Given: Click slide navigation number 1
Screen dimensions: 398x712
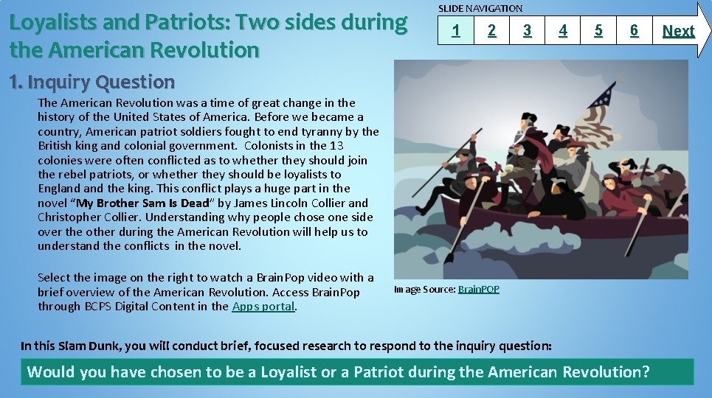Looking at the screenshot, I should (456, 30).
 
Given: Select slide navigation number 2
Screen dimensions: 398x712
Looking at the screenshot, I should (491, 30).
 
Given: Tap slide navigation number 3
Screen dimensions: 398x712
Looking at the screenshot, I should (527, 30).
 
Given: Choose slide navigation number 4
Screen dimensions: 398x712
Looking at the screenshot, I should (563, 30).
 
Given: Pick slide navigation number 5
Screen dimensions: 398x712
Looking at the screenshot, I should (598, 30).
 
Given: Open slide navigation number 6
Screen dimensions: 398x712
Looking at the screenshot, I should (634, 30).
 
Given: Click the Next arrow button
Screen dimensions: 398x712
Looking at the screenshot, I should (679, 31).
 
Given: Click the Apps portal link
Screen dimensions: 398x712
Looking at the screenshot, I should (263, 307).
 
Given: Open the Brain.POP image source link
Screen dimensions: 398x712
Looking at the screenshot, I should (478, 290).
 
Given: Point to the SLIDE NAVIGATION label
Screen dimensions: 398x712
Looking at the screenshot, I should (480, 8).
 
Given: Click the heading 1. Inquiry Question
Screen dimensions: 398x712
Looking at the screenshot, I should (92, 82).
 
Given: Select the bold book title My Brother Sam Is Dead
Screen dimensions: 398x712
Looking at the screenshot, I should (143, 203).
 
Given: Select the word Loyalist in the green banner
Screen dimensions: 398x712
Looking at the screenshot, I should (287, 371).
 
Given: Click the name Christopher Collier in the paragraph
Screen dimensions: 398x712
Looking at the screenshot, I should (91, 217).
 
